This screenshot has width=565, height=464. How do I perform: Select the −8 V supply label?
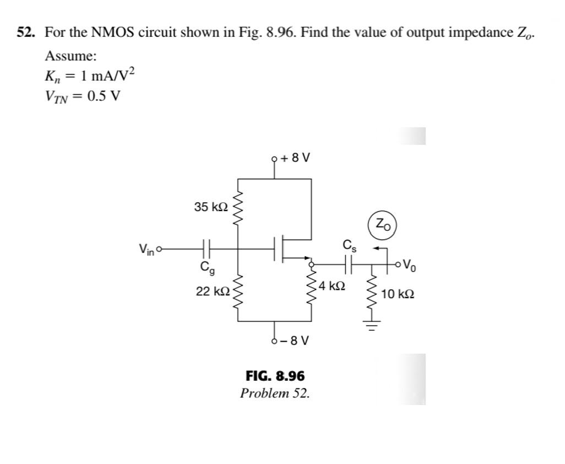294,340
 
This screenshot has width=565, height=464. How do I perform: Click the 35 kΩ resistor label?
210,207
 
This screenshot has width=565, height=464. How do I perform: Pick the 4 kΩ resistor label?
332,285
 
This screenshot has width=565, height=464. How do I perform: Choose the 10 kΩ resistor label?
398,294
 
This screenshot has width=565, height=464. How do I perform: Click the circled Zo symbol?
383,224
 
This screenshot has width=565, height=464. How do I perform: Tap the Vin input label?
146,249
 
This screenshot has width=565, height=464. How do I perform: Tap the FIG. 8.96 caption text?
275,376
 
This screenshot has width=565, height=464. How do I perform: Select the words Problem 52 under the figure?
275,393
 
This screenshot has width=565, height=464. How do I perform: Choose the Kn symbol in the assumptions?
53,77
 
